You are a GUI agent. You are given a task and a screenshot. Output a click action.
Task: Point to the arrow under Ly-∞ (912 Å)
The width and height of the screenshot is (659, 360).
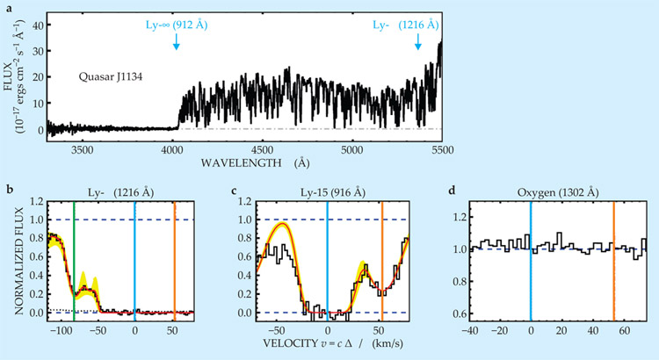click(x=177, y=42)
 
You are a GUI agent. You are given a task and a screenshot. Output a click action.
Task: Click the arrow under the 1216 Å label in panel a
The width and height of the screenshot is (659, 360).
click(x=417, y=42)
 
